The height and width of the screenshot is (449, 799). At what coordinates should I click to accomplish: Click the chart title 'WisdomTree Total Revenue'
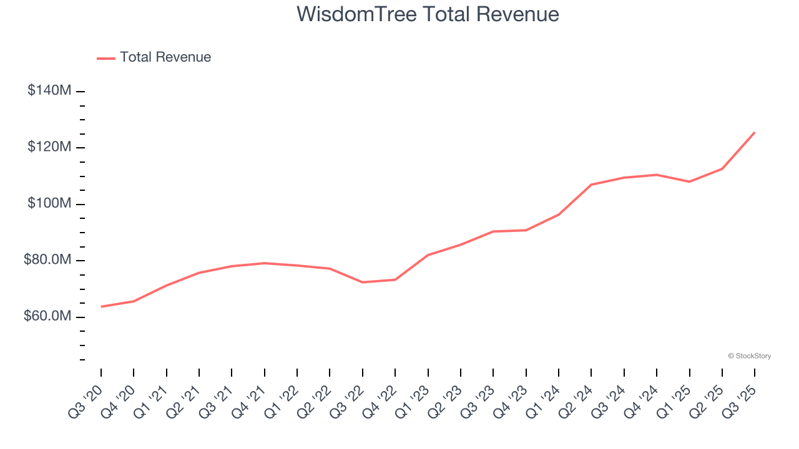(x=428, y=14)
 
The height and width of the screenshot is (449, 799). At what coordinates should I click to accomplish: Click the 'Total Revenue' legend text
(x=165, y=57)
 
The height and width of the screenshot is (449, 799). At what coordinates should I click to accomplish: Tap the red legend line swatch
(x=106, y=58)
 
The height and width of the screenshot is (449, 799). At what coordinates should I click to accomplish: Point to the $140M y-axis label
(x=49, y=90)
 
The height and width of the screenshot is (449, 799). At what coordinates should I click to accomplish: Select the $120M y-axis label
(x=49, y=147)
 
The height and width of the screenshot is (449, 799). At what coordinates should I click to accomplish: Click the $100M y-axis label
(x=49, y=204)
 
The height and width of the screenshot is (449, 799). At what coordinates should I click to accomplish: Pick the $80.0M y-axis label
(x=47, y=260)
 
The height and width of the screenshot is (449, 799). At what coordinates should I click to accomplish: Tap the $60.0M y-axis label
(x=47, y=317)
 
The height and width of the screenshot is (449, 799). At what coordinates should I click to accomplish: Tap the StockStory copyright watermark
(x=749, y=356)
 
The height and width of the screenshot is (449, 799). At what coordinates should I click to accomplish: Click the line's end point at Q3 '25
(x=755, y=132)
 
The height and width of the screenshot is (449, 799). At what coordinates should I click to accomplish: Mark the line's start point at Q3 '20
(x=101, y=306)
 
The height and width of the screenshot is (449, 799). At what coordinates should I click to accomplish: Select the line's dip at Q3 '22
(x=363, y=282)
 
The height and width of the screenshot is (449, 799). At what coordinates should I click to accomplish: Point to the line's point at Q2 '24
(x=591, y=185)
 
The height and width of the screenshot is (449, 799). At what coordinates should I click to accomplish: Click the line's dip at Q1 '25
(x=689, y=181)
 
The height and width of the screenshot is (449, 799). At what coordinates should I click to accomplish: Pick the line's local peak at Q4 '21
(x=265, y=263)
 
